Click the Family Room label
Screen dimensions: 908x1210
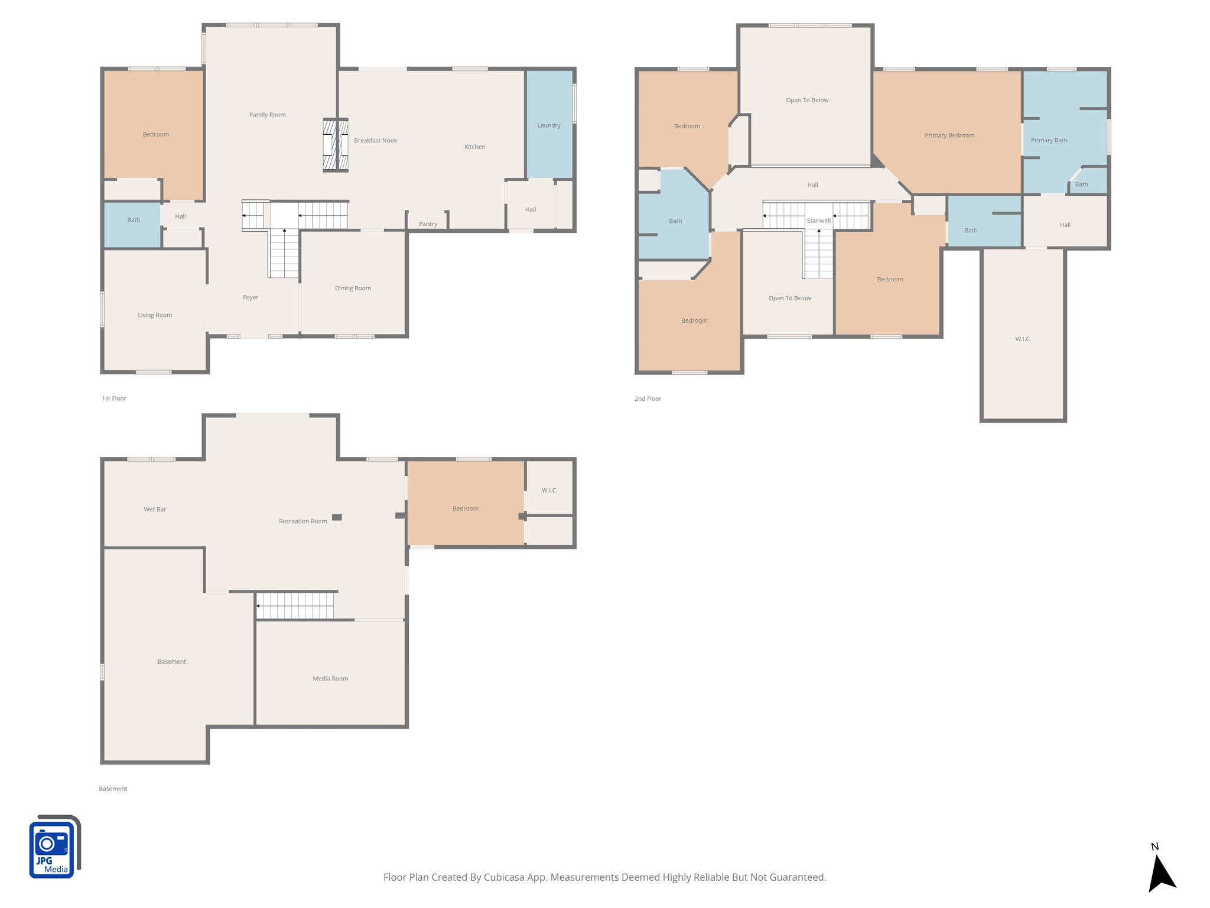coord(267,115)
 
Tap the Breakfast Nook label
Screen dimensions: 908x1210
coord(375,141)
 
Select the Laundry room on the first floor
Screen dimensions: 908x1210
coord(549,125)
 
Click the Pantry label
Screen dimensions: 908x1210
coord(428,224)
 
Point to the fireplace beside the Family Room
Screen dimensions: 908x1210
coord(335,145)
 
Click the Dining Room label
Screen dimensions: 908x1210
coord(353,288)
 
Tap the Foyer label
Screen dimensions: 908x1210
coord(251,297)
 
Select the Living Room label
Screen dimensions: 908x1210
coord(155,315)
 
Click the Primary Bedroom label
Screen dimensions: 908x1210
coord(949,135)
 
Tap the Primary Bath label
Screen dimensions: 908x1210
coord(1049,140)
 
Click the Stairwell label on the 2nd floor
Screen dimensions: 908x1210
coord(818,220)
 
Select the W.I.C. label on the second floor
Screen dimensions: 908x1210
coord(1023,339)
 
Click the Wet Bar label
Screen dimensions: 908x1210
coord(155,509)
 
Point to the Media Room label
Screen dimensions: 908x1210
coord(330,679)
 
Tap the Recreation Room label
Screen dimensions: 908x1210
coord(302,521)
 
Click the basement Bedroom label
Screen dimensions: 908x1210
coord(465,508)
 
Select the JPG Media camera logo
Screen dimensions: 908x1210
coord(54,847)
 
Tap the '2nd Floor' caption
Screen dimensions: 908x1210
coord(648,399)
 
